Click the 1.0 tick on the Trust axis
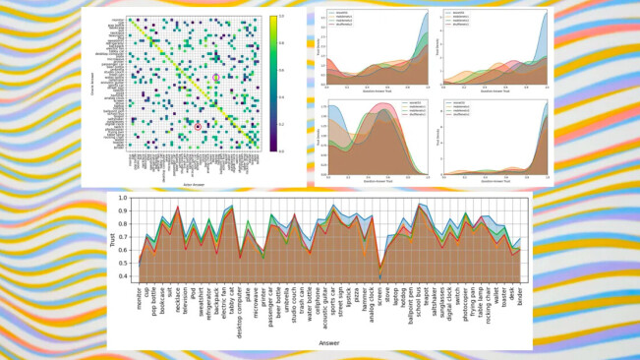(x=124, y=198)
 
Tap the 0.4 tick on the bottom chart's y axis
(x=124, y=276)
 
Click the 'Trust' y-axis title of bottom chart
(x=112, y=237)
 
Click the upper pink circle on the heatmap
(x=216, y=77)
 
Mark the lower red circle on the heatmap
(x=198, y=126)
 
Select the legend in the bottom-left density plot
(x=341, y=106)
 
